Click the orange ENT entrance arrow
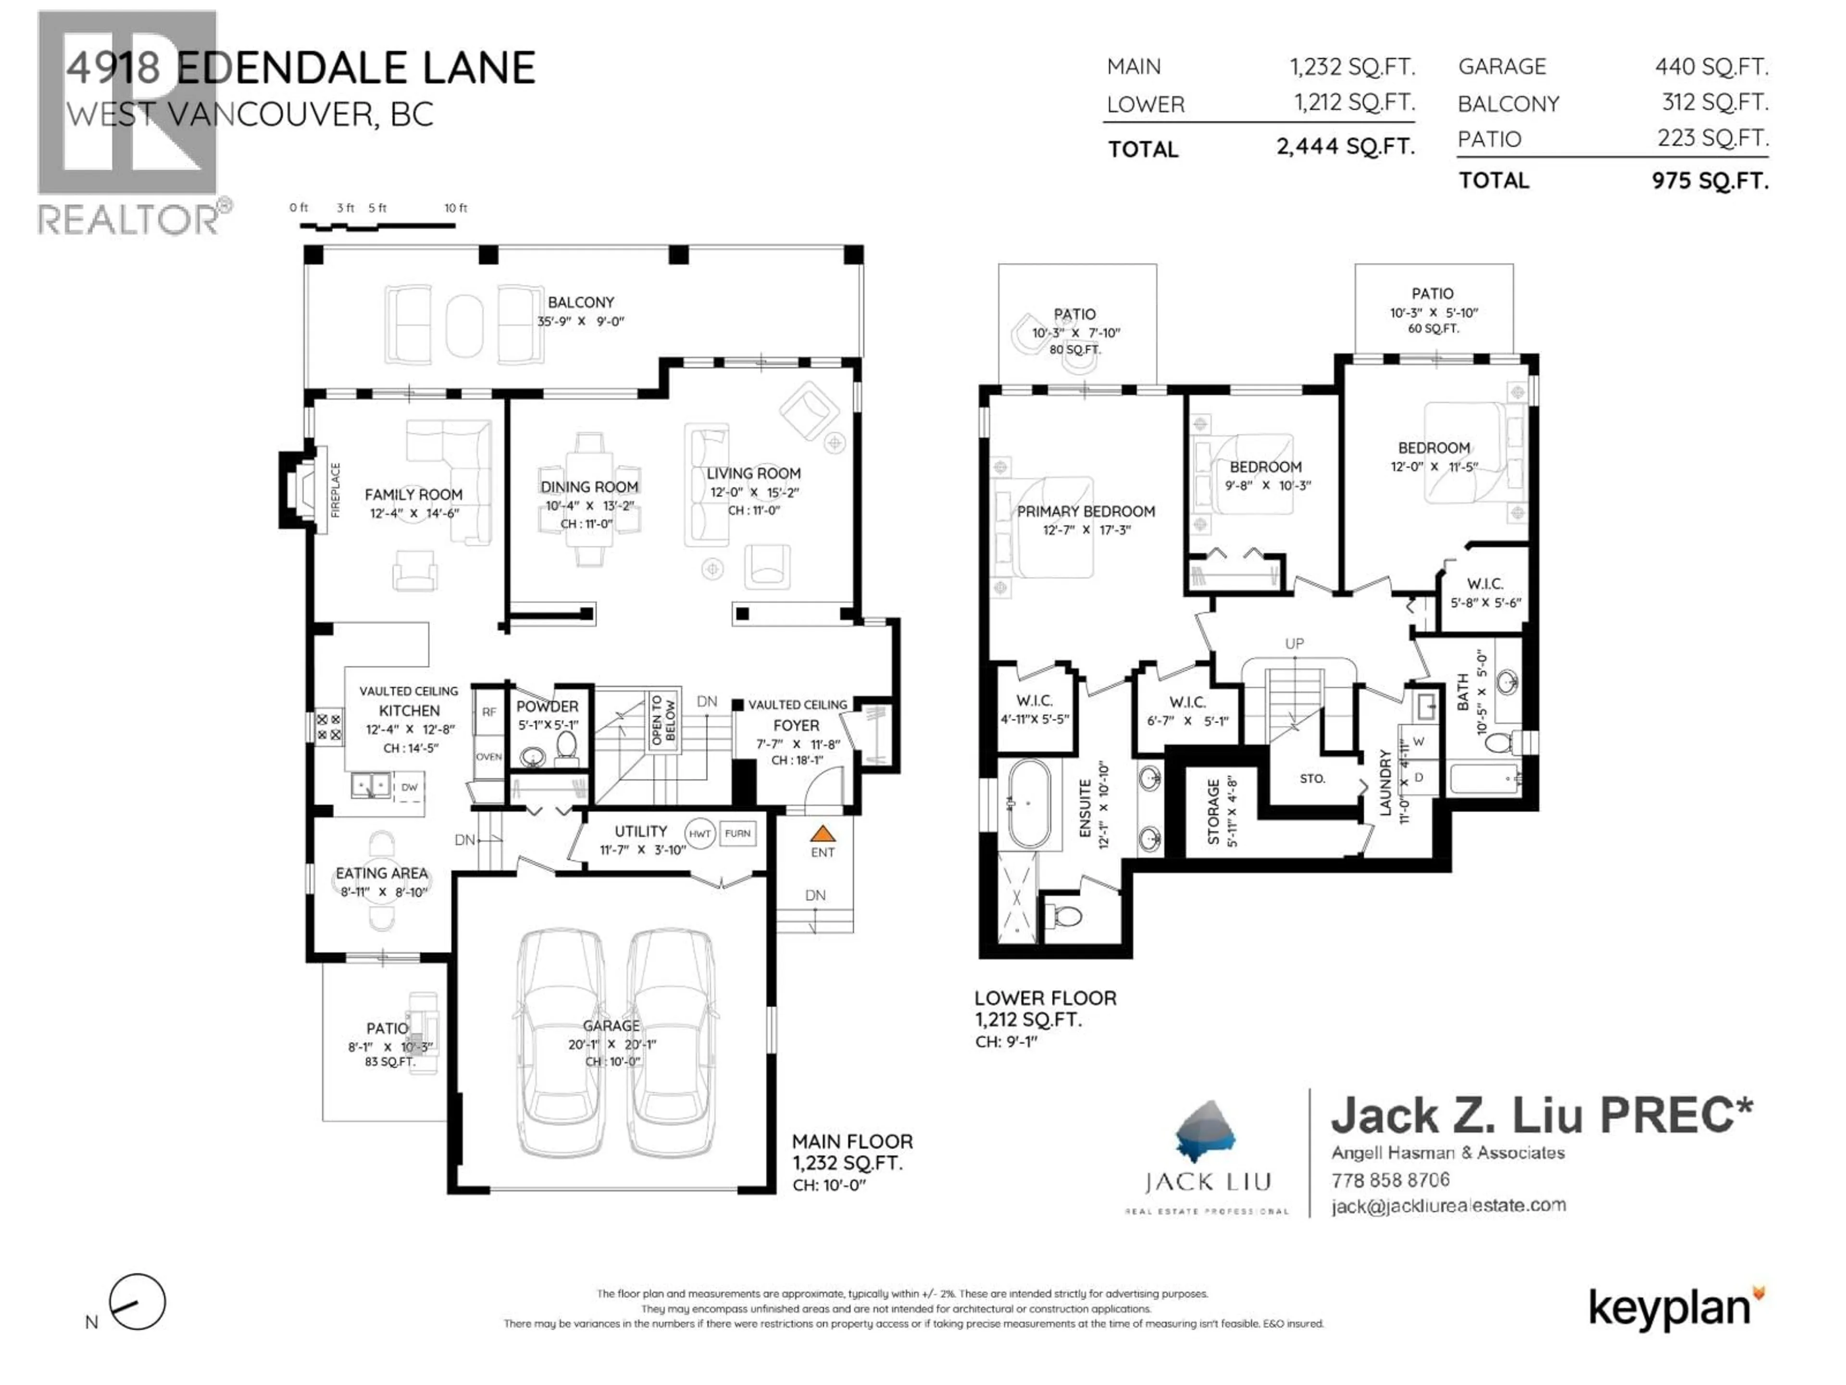pyautogui.click(x=822, y=833)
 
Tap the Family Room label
pyautogui.click(x=413, y=494)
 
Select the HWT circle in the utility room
pyautogui.click(x=699, y=833)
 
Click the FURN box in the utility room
pyautogui.click(x=737, y=833)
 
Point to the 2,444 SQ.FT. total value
pyautogui.click(x=1345, y=147)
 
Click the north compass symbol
pyautogui.click(x=137, y=1301)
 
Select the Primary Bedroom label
pyautogui.click(x=1086, y=511)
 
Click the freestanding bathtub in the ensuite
pyautogui.click(x=1028, y=804)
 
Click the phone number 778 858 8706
pyautogui.click(x=1390, y=1180)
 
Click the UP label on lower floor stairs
pyautogui.click(x=1294, y=643)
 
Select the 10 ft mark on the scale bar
pyautogui.click(x=456, y=208)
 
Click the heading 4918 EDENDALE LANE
pyautogui.click(x=300, y=68)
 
